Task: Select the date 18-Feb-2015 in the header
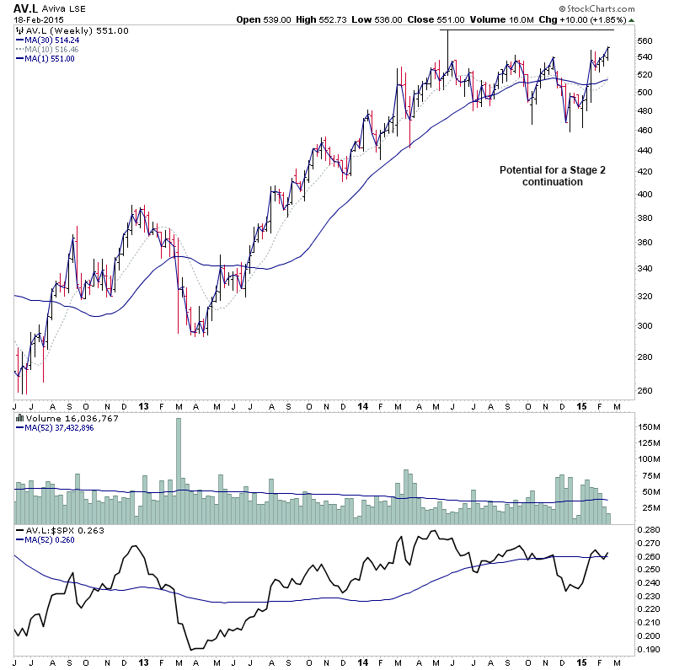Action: pos(35,19)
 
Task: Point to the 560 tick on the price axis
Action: pos(645,40)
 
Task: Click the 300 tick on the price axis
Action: pos(645,325)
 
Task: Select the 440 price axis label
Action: pos(645,150)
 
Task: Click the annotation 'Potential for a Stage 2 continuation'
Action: pos(552,175)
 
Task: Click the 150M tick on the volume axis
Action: pos(648,427)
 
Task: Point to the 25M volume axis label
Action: pos(646,508)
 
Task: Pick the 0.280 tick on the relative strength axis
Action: pos(648,529)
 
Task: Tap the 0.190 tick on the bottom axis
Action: pos(648,649)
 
